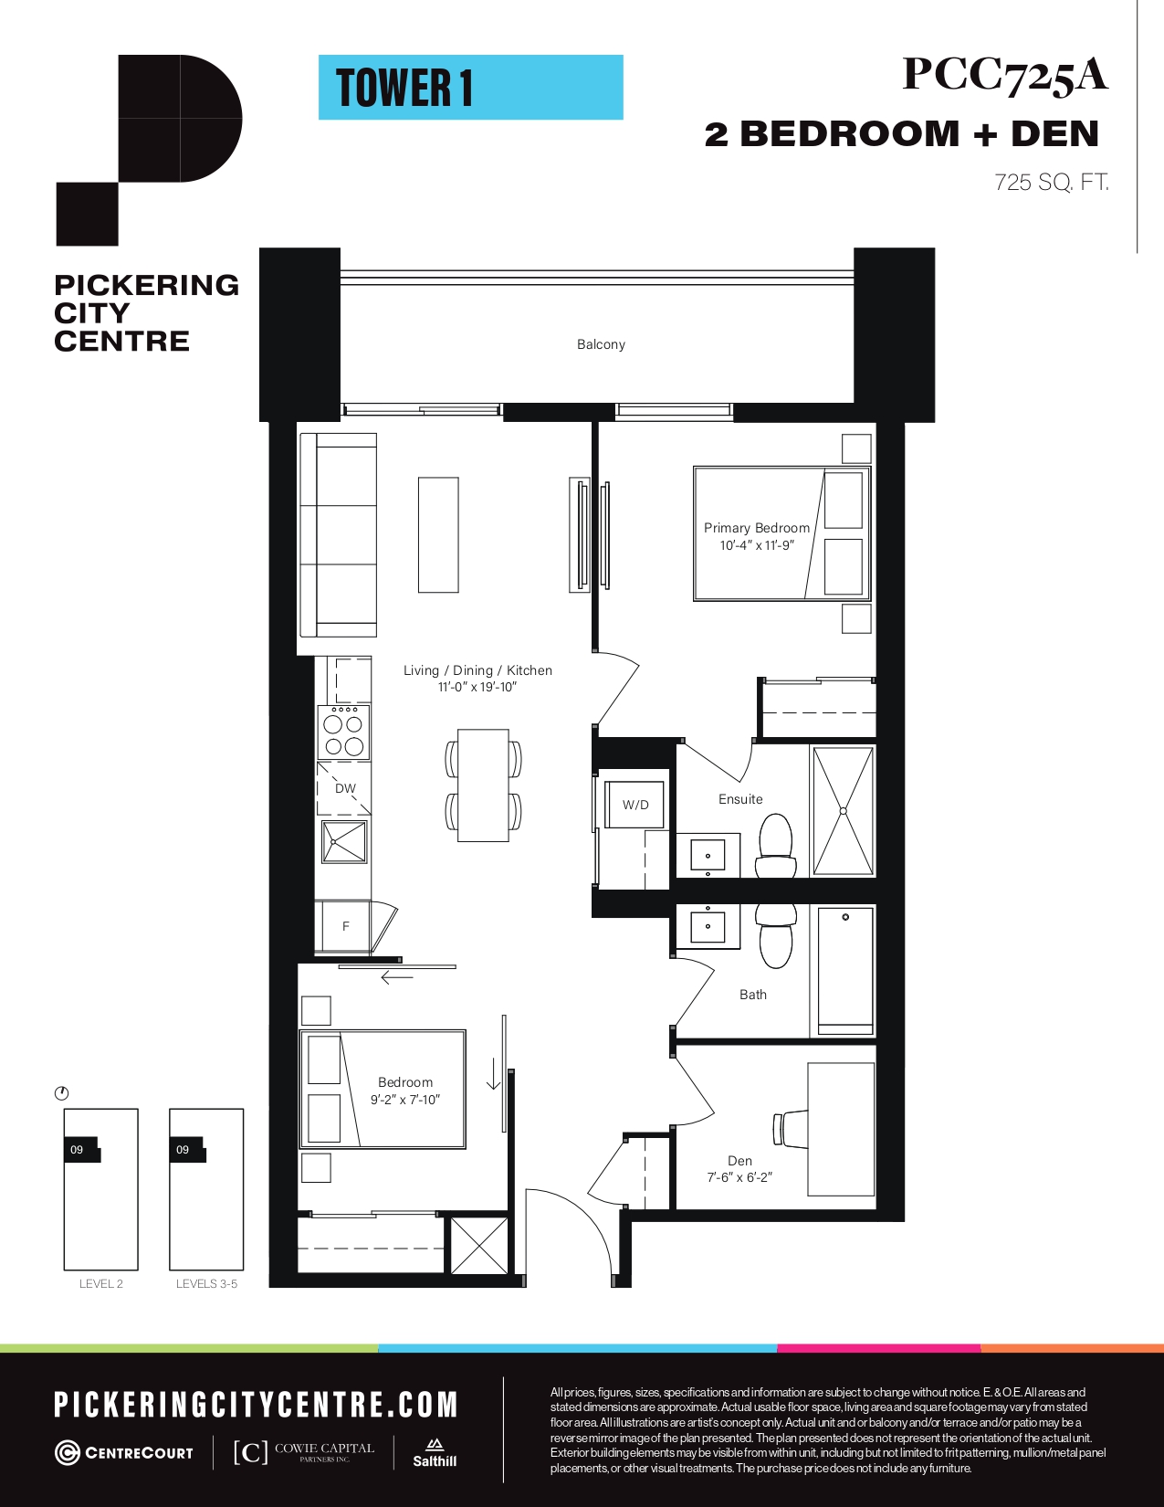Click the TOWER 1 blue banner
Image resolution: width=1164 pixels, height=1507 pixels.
(471, 88)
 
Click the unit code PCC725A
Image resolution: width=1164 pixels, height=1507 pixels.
(1004, 75)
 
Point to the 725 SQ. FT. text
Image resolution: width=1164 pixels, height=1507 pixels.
(1051, 183)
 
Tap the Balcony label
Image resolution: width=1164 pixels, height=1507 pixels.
(601, 344)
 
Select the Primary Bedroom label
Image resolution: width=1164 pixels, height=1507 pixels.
(756, 528)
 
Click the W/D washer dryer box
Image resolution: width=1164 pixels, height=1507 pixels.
(635, 805)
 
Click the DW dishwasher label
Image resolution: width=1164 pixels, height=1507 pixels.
(345, 788)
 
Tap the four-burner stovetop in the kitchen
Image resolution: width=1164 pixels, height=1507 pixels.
(344, 732)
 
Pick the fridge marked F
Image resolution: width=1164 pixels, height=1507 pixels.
(344, 926)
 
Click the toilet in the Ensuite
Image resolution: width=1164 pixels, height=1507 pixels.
(776, 846)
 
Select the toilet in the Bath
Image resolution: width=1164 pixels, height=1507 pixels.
(776, 936)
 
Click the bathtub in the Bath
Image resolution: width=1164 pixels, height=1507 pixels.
(845, 971)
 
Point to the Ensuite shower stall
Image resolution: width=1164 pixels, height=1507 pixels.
(843, 811)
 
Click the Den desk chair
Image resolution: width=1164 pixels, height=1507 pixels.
(791, 1128)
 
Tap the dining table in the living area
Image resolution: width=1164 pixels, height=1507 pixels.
(483, 785)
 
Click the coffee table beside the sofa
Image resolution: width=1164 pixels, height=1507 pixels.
(438, 534)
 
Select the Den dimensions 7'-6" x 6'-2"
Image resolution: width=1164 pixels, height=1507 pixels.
(739, 1177)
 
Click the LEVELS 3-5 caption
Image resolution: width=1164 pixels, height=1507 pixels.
(206, 1283)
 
